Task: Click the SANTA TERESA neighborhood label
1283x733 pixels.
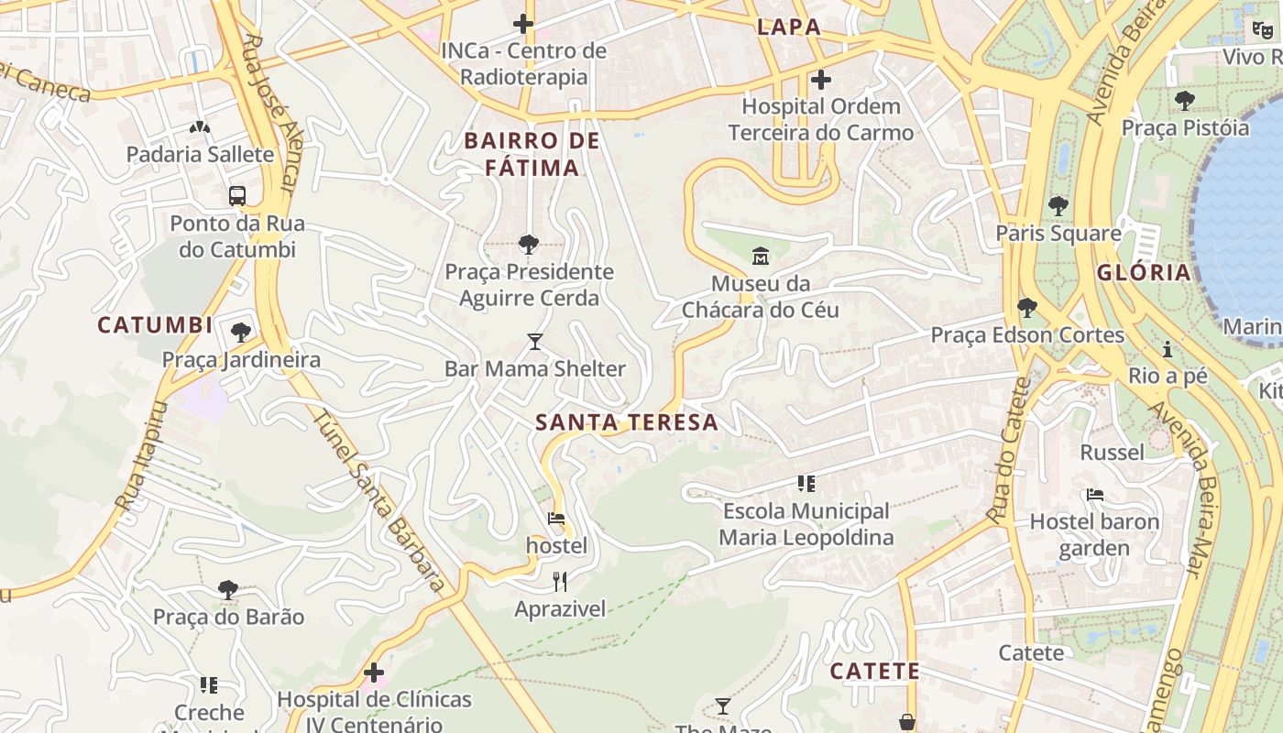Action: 627,422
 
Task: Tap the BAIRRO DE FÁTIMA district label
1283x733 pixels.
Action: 532,154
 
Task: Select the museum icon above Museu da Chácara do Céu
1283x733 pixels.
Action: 761,255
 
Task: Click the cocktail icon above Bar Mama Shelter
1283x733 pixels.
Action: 535,342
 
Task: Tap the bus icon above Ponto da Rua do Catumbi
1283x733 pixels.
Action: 237,195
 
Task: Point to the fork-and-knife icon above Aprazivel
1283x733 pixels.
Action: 560,581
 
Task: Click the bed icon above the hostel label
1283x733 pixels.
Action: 556,519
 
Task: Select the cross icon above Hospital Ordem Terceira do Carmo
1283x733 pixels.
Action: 821,80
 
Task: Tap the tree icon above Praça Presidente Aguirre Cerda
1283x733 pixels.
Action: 528,244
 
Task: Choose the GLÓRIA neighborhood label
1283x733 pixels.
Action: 1144,272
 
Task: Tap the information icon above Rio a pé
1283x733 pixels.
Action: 1168,349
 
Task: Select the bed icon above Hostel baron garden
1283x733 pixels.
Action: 1094,495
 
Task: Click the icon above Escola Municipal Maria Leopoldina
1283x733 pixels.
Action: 806,483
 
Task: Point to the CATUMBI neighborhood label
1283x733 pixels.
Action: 155,325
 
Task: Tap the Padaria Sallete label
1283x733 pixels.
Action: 200,154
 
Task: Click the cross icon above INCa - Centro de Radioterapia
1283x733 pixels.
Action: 523,23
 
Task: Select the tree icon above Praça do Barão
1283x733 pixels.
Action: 228,589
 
